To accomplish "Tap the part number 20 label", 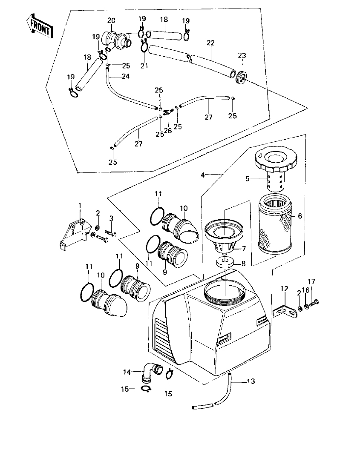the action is [x=111, y=21].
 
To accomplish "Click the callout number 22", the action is [x=211, y=43].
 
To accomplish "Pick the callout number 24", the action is [x=126, y=76].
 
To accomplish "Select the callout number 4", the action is [x=203, y=175].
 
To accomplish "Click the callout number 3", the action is [x=111, y=218].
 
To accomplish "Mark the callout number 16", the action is [x=305, y=290].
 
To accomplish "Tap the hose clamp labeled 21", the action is [x=144, y=46].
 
